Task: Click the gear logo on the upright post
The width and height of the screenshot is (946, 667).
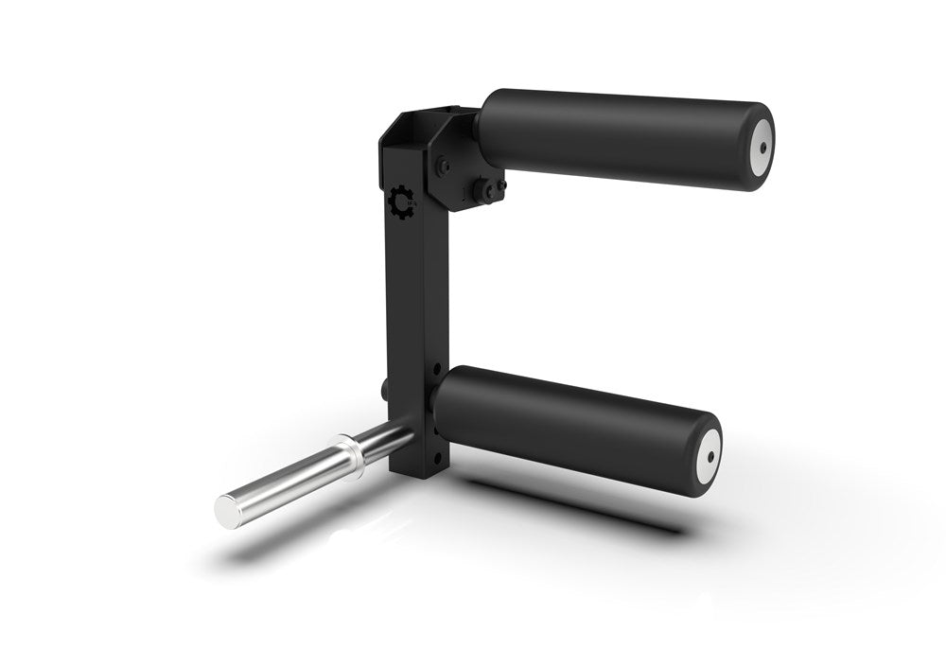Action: click(401, 202)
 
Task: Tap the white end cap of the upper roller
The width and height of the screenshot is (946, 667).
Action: click(760, 149)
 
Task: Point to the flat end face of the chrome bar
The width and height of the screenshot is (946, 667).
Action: click(228, 510)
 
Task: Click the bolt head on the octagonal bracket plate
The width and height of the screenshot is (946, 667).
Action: click(442, 167)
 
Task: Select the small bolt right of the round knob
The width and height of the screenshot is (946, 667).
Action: click(501, 184)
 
